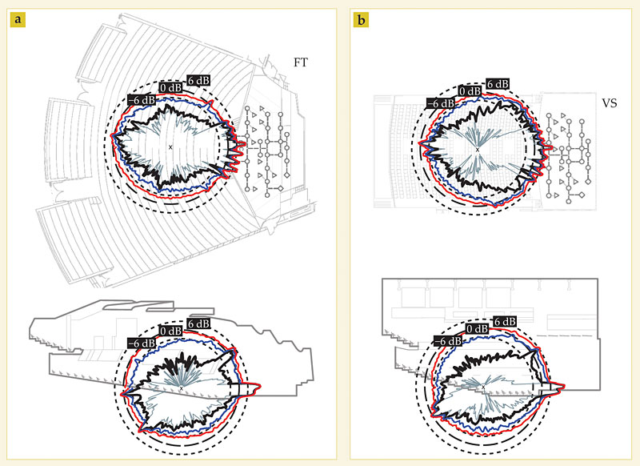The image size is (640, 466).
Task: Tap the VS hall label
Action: [x=611, y=103]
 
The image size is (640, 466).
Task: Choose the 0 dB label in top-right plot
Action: [x=470, y=90]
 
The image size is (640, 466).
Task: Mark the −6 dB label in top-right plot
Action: [x=440, y=102]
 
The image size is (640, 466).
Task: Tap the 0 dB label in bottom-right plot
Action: [x=477, y=328]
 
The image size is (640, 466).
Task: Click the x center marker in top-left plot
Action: [x=170, y=147]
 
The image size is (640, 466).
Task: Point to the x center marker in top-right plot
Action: [x=478, y=150]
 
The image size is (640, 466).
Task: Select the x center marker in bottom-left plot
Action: [x=181, y=388]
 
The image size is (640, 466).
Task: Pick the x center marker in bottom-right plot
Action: [x=482, y=387]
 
